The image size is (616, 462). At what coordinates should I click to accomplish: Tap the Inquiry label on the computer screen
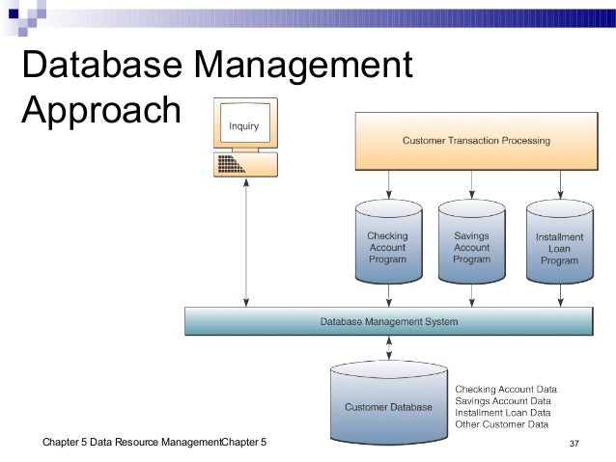click(242, 127)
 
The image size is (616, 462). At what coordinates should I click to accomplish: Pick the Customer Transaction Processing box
click(476, 141)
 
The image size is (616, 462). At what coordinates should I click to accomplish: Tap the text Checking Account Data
click(505, 388)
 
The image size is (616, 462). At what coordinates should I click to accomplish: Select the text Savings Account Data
click(502, 400)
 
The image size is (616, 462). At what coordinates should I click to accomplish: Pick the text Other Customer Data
click(501, 423)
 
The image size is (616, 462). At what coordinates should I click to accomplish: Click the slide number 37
click(574, 444)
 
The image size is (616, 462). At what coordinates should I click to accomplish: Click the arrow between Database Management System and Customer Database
click(388, 345)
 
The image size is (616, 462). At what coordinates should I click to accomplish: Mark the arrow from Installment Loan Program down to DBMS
click(558, 296)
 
